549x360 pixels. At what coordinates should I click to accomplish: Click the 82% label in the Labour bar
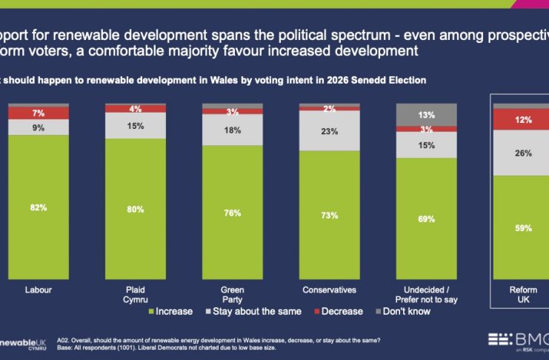coord(39,208)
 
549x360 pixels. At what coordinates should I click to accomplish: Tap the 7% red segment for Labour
coord(39,113)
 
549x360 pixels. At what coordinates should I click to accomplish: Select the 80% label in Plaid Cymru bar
coord(135,209)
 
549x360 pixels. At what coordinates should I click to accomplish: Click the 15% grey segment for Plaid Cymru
coord(135,126)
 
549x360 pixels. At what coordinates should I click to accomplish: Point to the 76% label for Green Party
coord(232,213)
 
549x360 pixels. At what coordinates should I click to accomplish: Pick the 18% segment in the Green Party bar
coord(232,130)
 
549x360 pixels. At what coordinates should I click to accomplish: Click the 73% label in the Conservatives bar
coord(329,216)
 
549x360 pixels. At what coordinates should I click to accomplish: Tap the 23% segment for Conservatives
coord(329,131)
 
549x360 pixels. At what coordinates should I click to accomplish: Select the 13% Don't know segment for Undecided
coord(425,115)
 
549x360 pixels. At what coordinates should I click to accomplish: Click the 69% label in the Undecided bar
coord(425,219)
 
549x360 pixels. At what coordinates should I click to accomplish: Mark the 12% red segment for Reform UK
coord(523,120)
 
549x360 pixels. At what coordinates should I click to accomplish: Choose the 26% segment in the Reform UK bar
coord(523,153)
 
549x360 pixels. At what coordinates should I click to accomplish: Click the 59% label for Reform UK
coord(523,228)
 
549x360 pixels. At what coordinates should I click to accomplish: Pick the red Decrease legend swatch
coord(319,312)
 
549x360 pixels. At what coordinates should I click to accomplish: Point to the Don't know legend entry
coord(400,312)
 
